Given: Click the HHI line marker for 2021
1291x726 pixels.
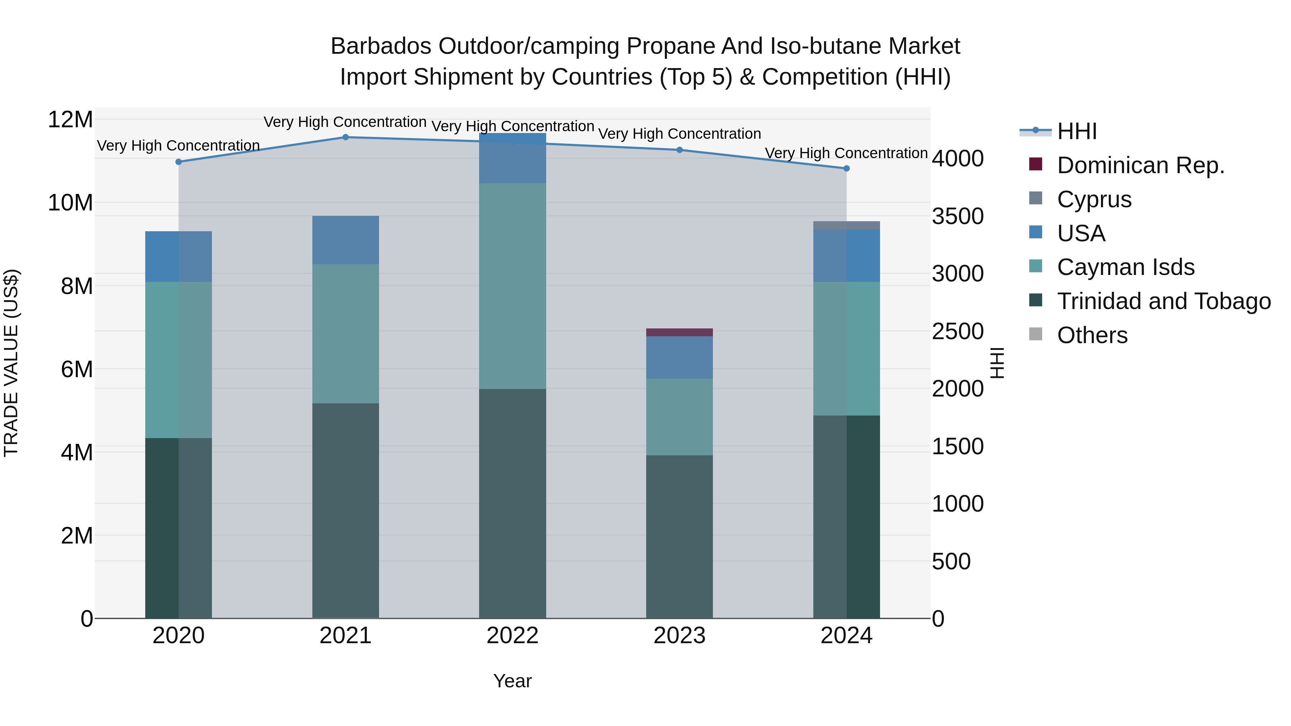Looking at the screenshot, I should [345, 137].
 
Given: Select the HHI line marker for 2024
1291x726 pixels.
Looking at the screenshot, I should [846, 169].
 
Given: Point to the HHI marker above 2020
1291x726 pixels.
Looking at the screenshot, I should [179, 162].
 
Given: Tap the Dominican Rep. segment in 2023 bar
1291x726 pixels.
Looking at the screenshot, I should [679, 333].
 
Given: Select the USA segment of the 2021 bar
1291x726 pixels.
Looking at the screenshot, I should [345, 240].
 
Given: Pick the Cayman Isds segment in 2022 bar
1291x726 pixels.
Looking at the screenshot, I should [512, 286].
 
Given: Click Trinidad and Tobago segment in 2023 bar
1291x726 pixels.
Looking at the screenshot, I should [679, 536].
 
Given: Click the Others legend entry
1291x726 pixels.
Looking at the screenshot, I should [1092, 335].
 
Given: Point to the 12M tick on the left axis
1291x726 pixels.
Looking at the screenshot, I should [70, 120].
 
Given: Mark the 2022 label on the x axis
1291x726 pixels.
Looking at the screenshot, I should [512, 636].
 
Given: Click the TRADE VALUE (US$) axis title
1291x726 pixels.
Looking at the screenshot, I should [11, 363].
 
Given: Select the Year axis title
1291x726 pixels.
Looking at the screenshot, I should [512, 681].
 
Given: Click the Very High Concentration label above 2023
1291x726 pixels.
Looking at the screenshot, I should [679, 134].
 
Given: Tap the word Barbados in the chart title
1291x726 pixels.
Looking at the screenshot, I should [381, 46].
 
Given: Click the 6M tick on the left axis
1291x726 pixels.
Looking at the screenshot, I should [76, 369].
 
